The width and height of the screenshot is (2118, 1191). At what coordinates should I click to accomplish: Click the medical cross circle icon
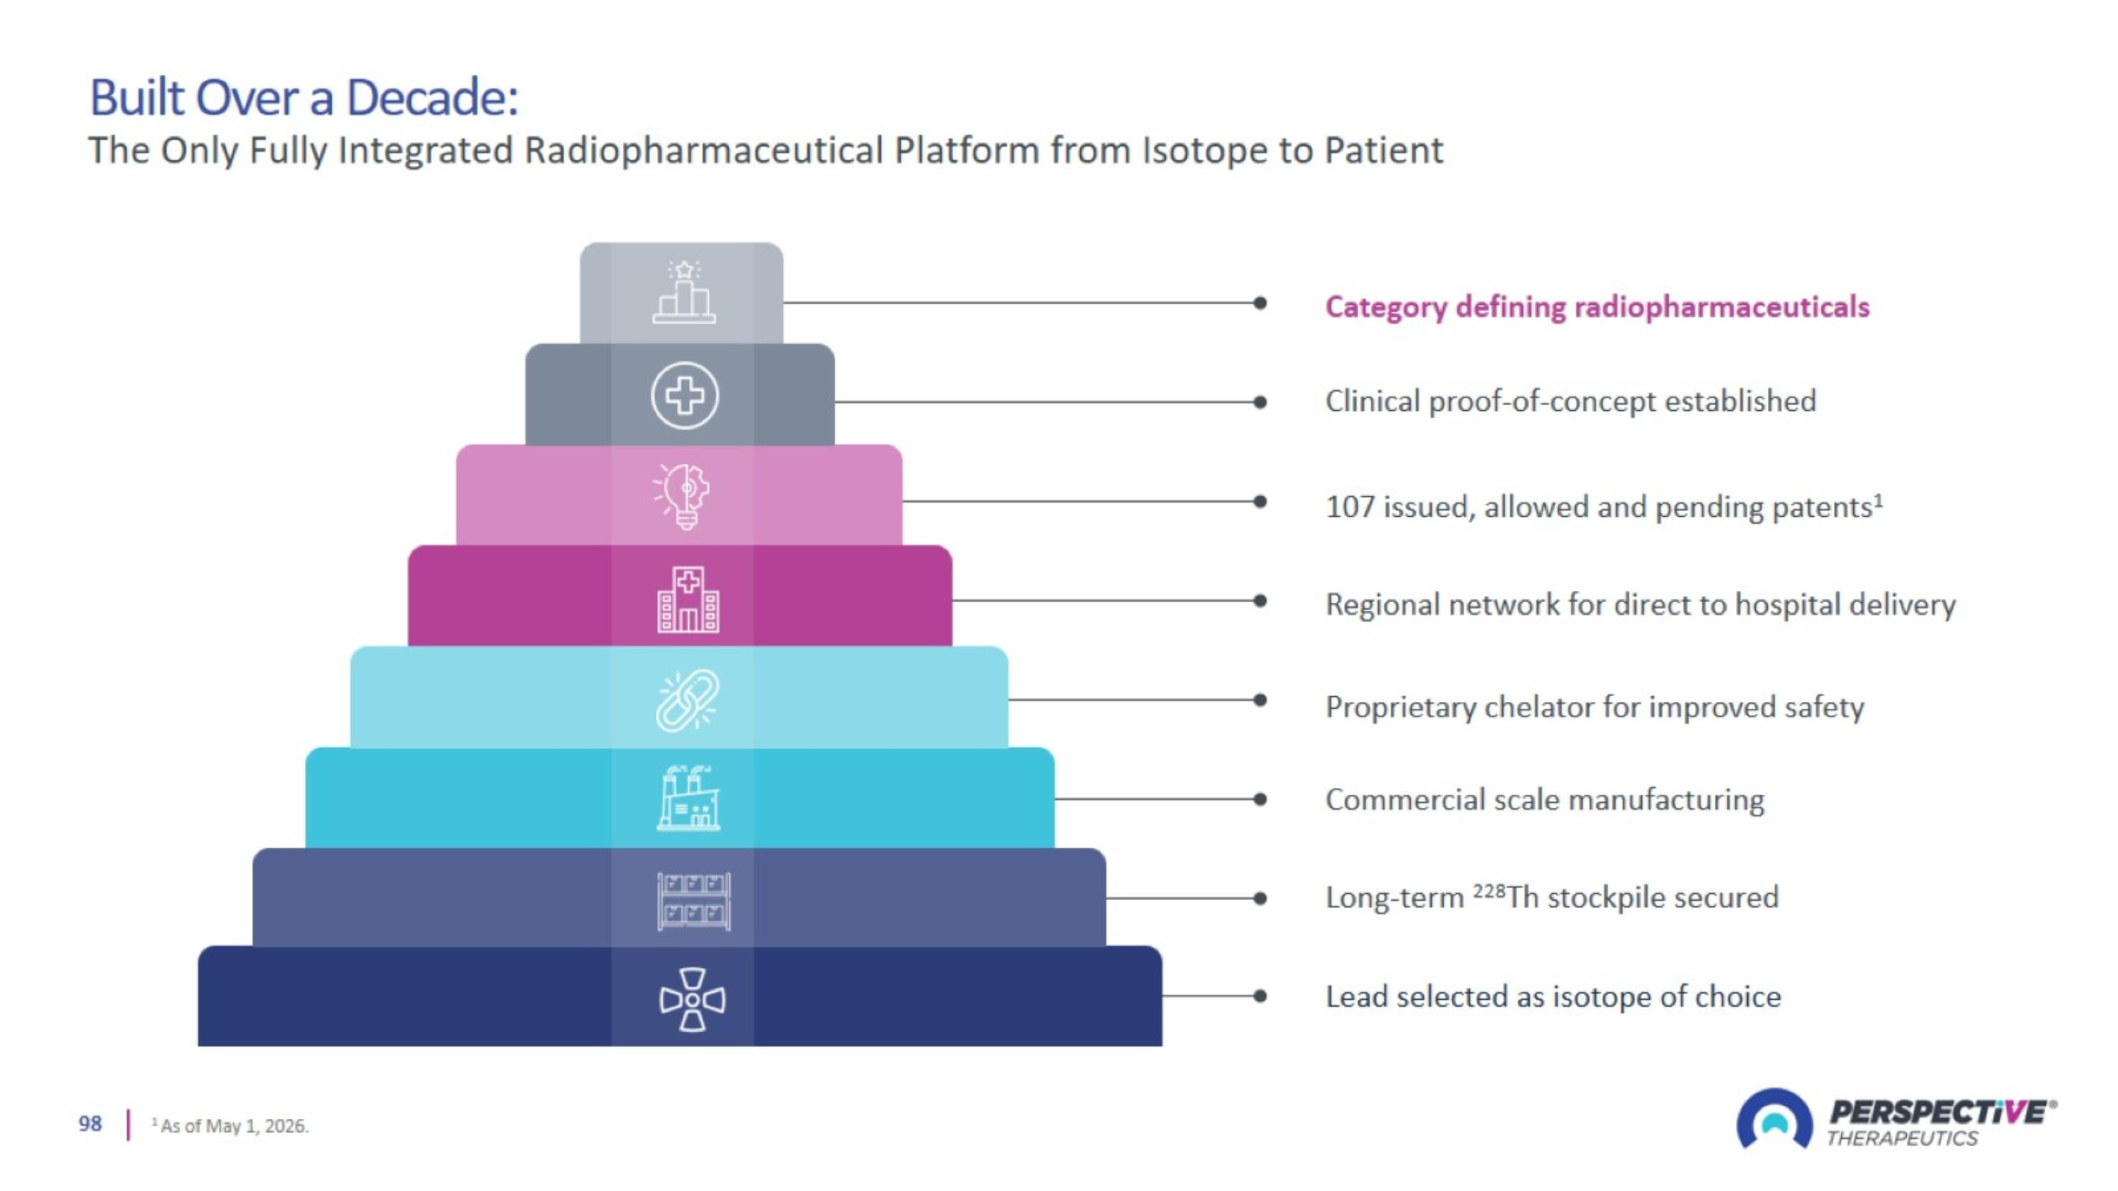point(684,395)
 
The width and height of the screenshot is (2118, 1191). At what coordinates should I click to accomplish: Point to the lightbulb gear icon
point(683,496)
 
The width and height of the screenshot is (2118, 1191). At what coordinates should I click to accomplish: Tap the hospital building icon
point(688,599)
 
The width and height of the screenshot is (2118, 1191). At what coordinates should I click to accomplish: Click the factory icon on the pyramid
point(689,797)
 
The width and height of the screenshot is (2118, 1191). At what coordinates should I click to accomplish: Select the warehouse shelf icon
point(693,901)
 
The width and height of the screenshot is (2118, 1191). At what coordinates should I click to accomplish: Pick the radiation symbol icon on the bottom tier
point(693,1000)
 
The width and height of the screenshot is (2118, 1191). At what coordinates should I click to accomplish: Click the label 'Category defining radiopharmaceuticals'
point(1597,307)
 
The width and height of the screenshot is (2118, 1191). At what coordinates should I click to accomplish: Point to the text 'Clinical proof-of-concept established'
point(1570,402)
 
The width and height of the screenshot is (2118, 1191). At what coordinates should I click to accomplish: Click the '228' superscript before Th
point(1489,891)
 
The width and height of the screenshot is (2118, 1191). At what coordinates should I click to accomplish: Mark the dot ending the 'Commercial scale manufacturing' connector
point(1260,799)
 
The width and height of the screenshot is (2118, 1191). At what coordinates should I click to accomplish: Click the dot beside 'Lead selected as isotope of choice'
point(1260,996)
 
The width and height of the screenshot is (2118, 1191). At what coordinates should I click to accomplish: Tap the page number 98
point(90,1124)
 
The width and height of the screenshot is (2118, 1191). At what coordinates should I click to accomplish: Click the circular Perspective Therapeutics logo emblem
point(1774,1119)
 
